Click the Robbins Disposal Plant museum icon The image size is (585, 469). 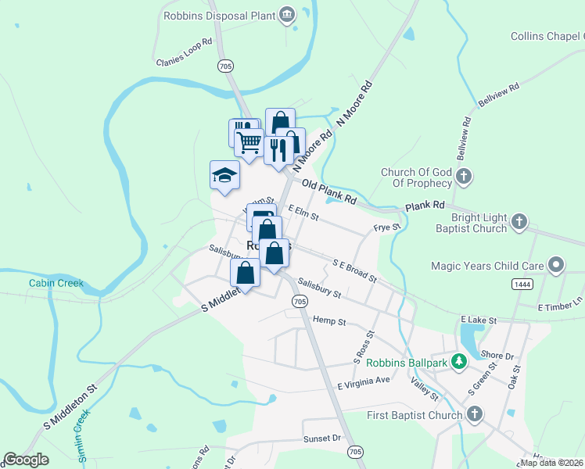pyautogui.click(x=287, y=14)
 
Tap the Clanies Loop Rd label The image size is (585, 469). pyautogui.click(x=185, y=52)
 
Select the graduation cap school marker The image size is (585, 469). pyautogui.click(x=224, y=175)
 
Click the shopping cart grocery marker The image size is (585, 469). pyautogui.click(x=249, y=143)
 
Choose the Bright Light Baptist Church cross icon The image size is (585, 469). pyautogui.click(x=519, y=223)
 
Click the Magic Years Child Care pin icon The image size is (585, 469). pyautogui.click(x=556, y=265)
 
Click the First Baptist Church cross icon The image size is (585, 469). pyautogui.click(x=474, y=414)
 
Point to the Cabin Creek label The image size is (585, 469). pyautogui.click(x=56, y=283)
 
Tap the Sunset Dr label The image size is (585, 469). pyautogui.click(x=323, y=439)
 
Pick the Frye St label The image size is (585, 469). pyautogui.click(x=386, y=227)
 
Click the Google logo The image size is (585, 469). pyautogui.click(x=27, y=460)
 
